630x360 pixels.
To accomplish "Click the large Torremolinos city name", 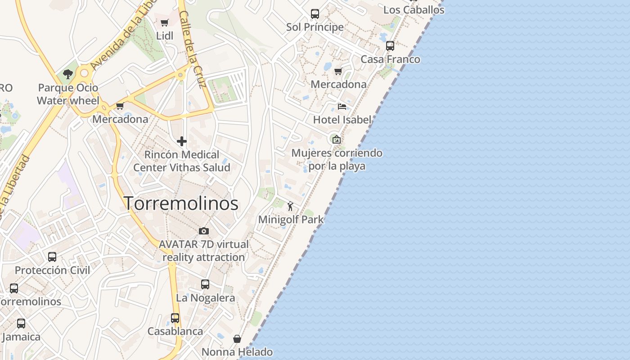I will click(x=181, y=203).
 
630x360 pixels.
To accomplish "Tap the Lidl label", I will click(x=165, y=36).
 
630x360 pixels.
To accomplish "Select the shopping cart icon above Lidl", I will click(x=164, y=22).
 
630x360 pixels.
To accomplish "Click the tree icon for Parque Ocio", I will click(x=68, y=74).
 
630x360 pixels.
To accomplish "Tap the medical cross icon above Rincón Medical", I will click(x=182, y=142).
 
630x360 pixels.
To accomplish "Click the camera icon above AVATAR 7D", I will click(x=204, y=231).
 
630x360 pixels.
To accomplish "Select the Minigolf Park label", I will click(x=291, y=220).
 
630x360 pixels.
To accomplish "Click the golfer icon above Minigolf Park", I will click(x=291, y=207).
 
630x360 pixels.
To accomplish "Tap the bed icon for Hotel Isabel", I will click(x=342, y=107).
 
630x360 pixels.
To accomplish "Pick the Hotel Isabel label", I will click(x=342, y=120).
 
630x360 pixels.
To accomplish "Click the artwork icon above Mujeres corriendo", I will click(x=336, y=139).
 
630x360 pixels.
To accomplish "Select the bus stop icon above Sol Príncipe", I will click(x=315, y=14).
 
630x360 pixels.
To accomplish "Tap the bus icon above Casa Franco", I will click(x=390, y=46).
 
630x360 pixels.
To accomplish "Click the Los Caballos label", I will click(x=414, y=10).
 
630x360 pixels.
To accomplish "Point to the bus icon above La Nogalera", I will click(x=205, y=284).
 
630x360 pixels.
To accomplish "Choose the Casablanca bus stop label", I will click(x=175, y=331).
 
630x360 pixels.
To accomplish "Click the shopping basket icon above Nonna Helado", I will click(x=237, y=338).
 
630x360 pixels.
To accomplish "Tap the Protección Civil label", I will click(x=52, y=270).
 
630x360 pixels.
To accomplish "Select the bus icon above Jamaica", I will click(x=21, y=324).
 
